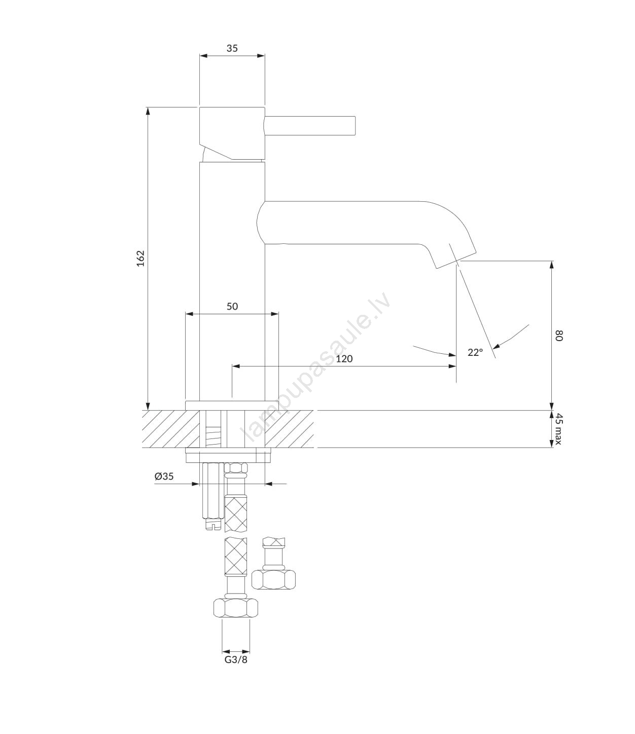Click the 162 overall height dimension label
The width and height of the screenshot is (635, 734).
pyautogui.click(x=141, y=258)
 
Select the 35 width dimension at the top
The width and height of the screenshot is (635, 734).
pyautogui.click(x=232, y=48)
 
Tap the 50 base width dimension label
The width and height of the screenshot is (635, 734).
pyautogui.click(x=232, y=306)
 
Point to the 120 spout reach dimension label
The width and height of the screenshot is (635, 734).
pyautogui.click(x=344, y=359)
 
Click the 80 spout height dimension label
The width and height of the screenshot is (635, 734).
pyautogui.click(x=559, y=336)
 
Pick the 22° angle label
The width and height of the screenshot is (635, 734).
pyautogui.click(x=475, y=352)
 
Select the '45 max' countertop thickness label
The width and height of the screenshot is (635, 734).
pyautogui.click(x=559, y=429)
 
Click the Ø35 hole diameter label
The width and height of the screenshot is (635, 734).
pyautogui.click(x=164, y=476)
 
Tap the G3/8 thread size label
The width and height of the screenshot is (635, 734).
pyautogui.click(x=236, y=659)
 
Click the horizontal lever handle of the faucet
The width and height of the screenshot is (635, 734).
pyautogui.click(x=310, y=125)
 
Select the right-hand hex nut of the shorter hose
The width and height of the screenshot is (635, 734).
pyautogui.click(x=273, y=579)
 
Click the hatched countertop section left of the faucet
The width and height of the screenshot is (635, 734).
pyautogui.click(x=171, y=429)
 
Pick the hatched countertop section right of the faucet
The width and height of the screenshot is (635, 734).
pyautogui.click(x=289, y=429)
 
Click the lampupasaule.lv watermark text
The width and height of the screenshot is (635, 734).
pyautogui.click(x=315, y=368)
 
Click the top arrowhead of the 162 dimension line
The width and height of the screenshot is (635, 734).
pyautogui.click(x=148, y=111)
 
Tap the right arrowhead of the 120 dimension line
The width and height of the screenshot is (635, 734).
pyautogui.click(x=452, y=366)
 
